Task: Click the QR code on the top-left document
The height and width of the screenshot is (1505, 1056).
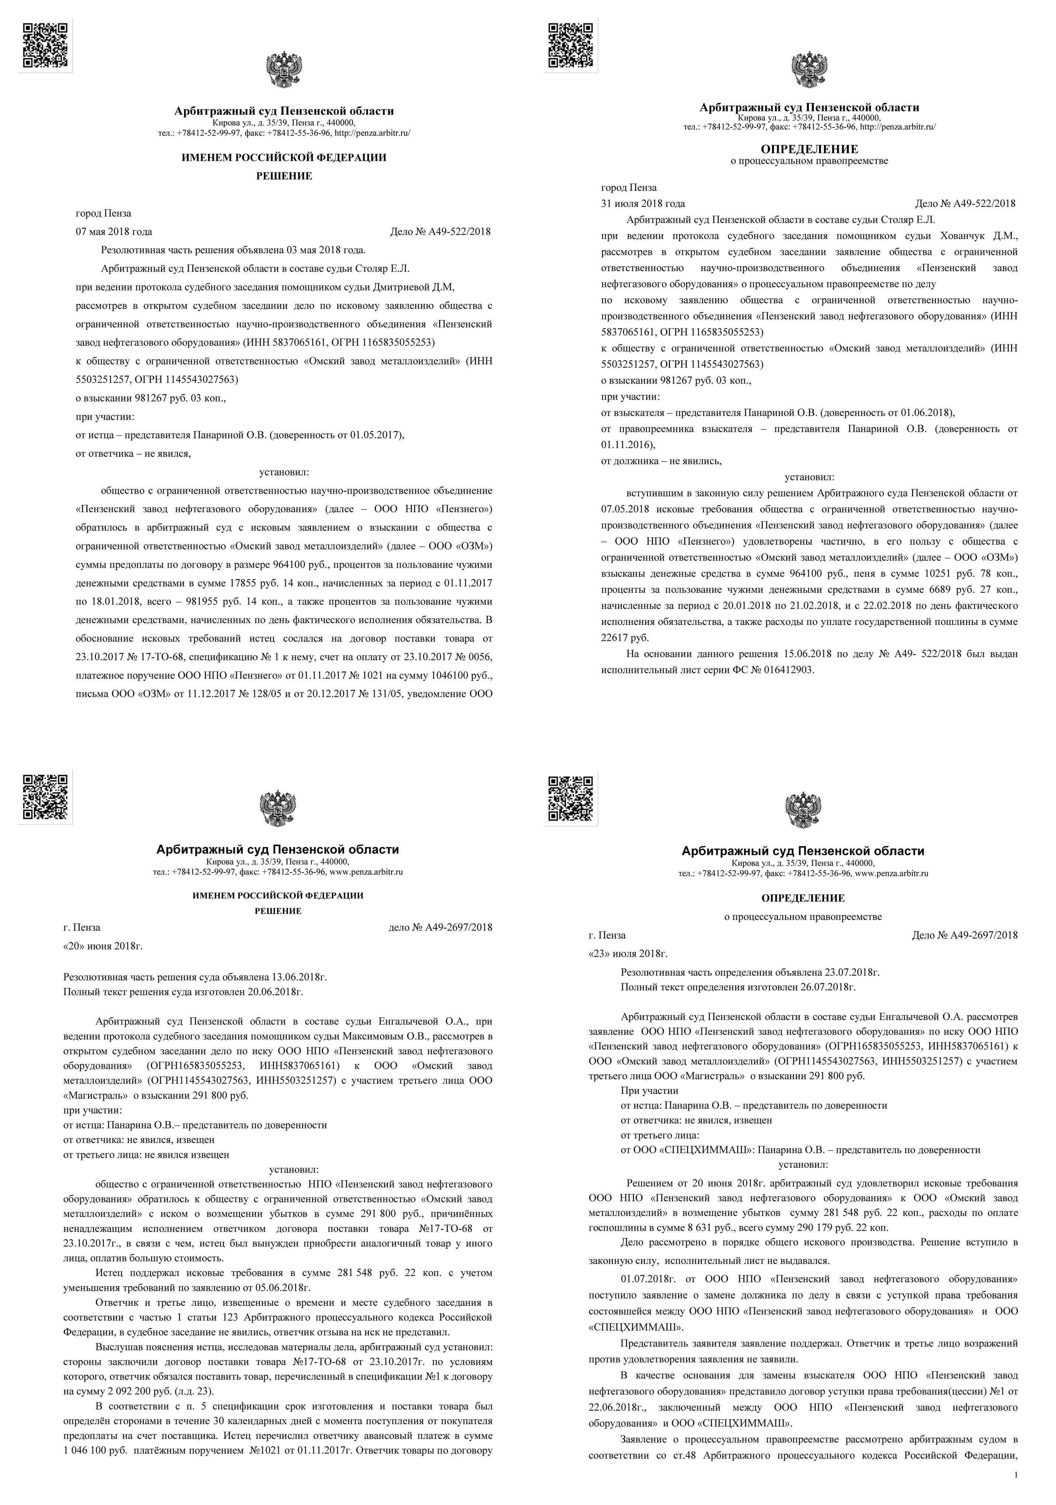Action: (x=45, y=45)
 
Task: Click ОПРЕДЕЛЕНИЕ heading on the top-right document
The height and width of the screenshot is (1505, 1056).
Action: (x=809, y=149)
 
